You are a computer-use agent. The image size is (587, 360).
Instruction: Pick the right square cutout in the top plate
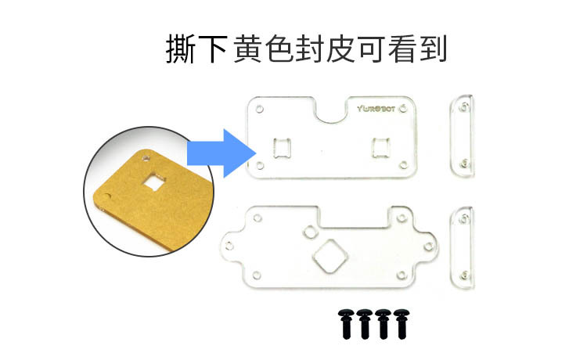[x=382, y=146]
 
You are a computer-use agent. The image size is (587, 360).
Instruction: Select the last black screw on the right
[x=402, y=322]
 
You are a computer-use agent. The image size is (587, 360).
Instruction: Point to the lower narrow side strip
[x=462, y=247]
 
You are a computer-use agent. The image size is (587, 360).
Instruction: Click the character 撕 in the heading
[x=178, y=49]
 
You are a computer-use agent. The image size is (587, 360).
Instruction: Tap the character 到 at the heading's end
[x=433, y=49]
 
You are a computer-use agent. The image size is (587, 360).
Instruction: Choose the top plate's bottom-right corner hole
[x=402, y=164]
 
